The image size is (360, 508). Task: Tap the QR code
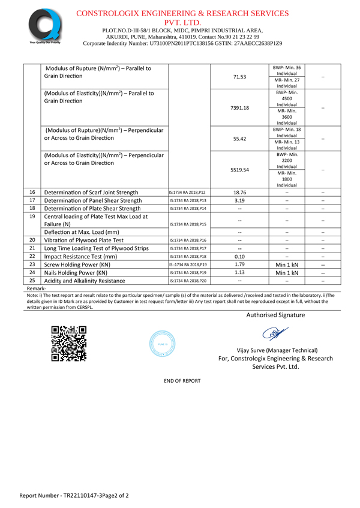pyautogui.click(x=69, y=343)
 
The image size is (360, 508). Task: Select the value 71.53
pyautogui.click(x=239, y=77)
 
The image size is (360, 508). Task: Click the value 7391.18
pyautogui.click(x=239, y=108)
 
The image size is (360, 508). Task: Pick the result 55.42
pyautogui.click(x=239, y=139)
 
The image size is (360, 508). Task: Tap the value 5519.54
pyautogui.click(x=239, y=170)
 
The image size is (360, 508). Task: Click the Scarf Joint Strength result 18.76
pyautogui.click(x=239, y=192)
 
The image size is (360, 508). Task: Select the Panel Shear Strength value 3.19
pyautogui.click(x=239, y=200)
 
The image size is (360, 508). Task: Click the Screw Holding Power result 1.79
pyautogui.click(x=239, y=264)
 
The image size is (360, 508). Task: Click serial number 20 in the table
pyautogui.click(x=32, y=240)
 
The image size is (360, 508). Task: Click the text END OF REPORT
pyautogui.click(x=182, y=381)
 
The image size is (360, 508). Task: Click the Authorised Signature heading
pyautogui.click(x=275, y=315)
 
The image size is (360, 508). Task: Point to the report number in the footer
pyautogui.click(x=74, y=496)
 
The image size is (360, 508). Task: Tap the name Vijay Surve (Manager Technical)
pyautogui.click(x=275, y=350)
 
